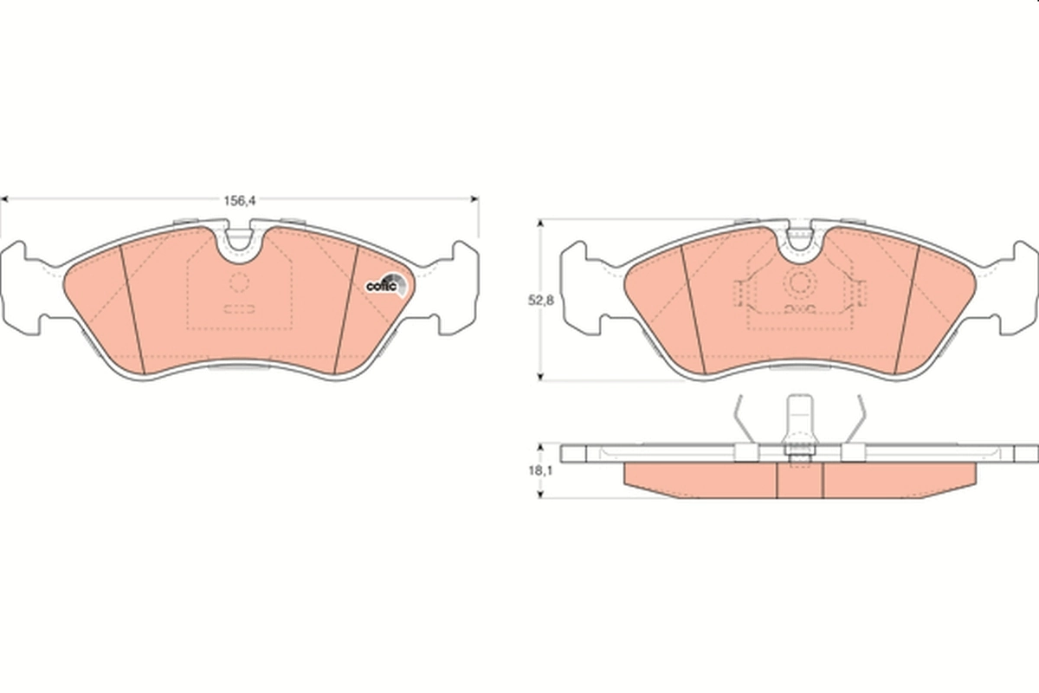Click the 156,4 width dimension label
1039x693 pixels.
point(239,200)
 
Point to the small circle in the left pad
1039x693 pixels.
point(240,282)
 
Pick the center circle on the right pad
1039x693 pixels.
point(799,282)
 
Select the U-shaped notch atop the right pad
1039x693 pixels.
point(801,239)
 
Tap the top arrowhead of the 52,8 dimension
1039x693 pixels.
point(540,223)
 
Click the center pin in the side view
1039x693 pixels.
point(799,424)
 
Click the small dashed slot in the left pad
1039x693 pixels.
point(240,308)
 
